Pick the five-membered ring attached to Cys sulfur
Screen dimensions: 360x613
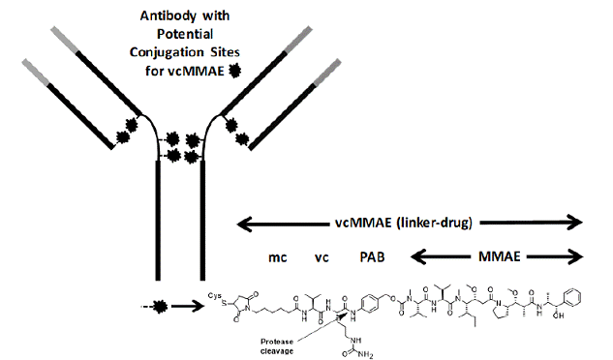pyautogui.click(x=246, y=298)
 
